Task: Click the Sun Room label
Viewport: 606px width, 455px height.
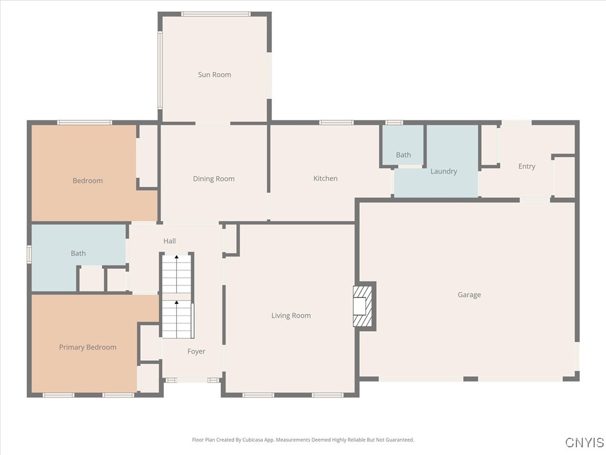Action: tap(214, 75)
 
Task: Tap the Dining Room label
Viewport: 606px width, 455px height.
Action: tap(214, 178)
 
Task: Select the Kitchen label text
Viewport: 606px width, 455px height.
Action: tap(325, 178)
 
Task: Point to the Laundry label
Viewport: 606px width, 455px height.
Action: tap(443, 171)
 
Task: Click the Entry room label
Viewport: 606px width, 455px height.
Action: tap(527, 166)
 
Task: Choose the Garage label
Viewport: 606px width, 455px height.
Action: tap(469, 294)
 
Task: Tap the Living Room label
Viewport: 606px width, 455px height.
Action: tap(291, 316)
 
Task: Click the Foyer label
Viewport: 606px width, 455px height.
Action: tap(196, 351)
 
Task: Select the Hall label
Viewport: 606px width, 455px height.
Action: tap(170, 241)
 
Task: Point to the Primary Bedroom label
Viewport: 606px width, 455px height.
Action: tap(88, 347)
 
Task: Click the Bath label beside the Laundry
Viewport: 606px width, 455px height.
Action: tap(403, 155)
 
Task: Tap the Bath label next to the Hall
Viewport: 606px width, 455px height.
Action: tap(78, 254)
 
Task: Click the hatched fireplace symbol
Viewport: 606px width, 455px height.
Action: tap(363, 306)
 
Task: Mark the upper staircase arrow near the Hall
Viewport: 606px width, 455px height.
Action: tap(176, 258)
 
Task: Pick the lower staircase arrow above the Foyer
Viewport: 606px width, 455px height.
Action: tap(176, 304)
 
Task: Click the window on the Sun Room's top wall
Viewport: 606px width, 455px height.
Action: tap(215, 14)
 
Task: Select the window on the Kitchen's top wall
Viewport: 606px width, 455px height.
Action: tap(336, 123)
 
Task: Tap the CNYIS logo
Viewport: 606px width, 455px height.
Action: tap(584, 443)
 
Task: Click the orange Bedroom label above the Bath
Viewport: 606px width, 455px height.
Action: tap(88, 181)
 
